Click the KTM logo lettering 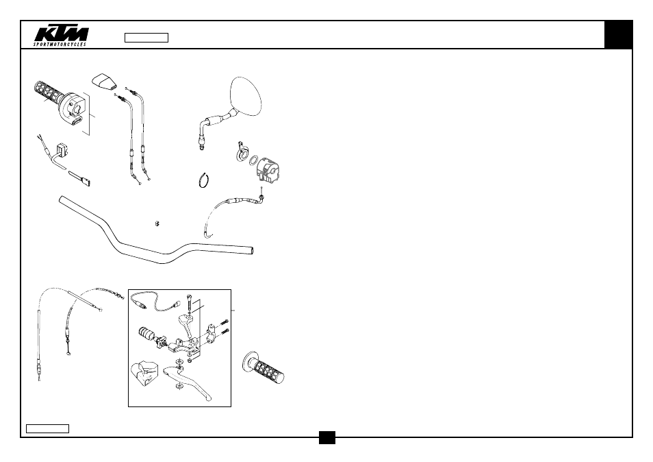click(61, 34)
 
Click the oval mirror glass click(246, 97)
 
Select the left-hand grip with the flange click(264, 367)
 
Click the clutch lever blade click(188, 382)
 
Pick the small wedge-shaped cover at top click(104, 82)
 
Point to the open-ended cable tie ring click(204, 180)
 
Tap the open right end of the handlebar click(251, 250)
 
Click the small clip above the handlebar click(157, 223)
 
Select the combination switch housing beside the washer click(268, 170)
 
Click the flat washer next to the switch click(253, 160)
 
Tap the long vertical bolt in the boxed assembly click(190, 302)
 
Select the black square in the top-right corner click(619, 34)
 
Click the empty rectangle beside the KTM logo click(146, 38)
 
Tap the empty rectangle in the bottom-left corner click(47, 428)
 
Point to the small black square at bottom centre click(327, 437)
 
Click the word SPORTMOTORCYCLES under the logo click(60, 44)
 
